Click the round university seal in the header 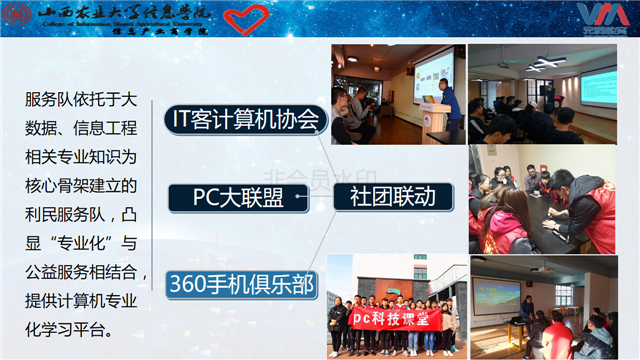point(21,17)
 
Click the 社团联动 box point(392,196)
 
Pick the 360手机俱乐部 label point(241,285)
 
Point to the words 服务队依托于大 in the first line point(80,100)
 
